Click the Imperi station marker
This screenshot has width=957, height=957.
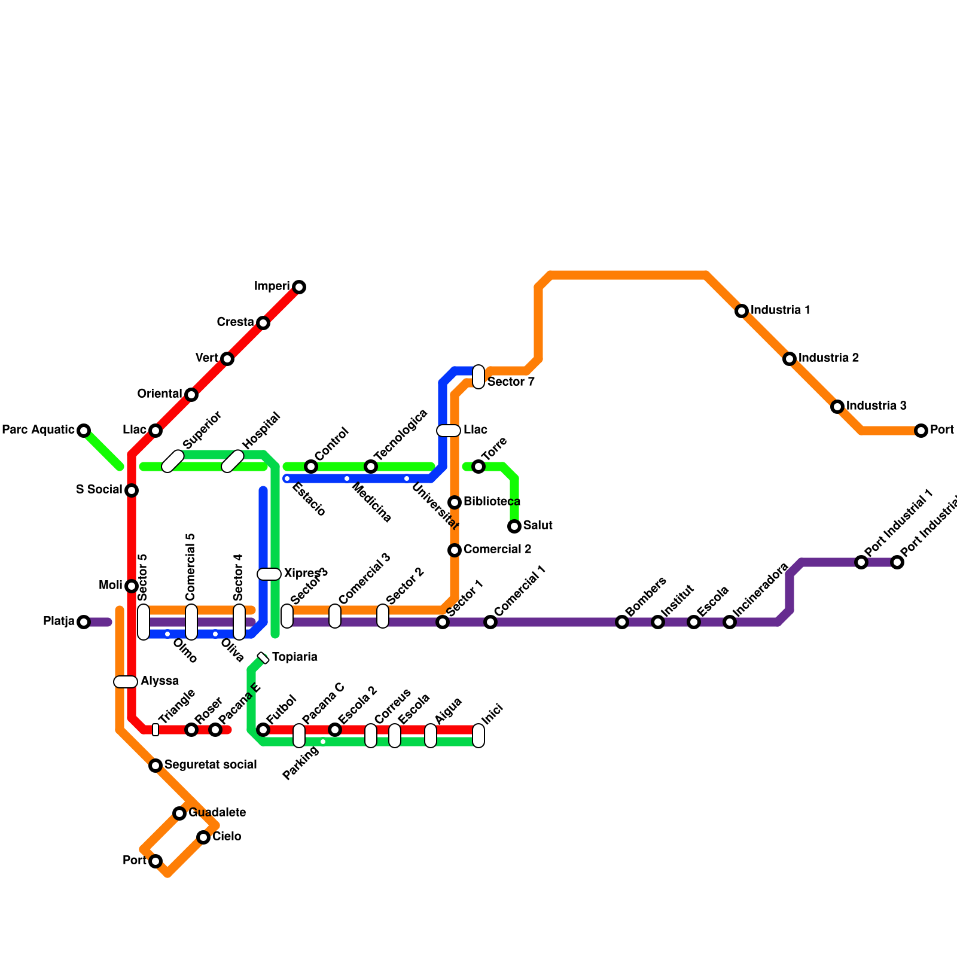[x=299, y=287]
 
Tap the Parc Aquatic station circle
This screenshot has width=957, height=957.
[x=84, y=431]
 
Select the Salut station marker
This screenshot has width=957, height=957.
[x=514, y=526]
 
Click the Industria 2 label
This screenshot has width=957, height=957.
[x=828, y=358]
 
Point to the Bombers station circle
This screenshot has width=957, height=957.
[x=622, y=622]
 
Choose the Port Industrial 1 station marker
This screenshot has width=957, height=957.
[x=861, y=562]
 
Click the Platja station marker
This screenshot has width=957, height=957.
[x=84, y=622]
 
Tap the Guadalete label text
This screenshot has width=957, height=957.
[x=217, y=813]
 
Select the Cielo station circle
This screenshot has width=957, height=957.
[x=203, y=837]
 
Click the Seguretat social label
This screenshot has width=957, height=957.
[x=211, y=765]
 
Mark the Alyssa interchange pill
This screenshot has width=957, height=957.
[x=126, y=682]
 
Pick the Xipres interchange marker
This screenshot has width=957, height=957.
[x=269, y=574]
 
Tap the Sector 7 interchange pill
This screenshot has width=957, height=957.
[x=478, y=377]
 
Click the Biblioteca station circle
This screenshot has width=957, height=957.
[x=455, y=502]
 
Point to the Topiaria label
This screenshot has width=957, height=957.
[x=294, y=657]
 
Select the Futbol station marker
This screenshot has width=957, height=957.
[x=263, y=730]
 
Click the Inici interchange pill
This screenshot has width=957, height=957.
[x=478, y=736]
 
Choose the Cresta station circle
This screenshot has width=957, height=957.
[x=263, y=323]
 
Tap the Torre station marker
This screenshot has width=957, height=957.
[x=478, y=467]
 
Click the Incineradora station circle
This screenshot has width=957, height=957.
[x=730, y=622]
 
